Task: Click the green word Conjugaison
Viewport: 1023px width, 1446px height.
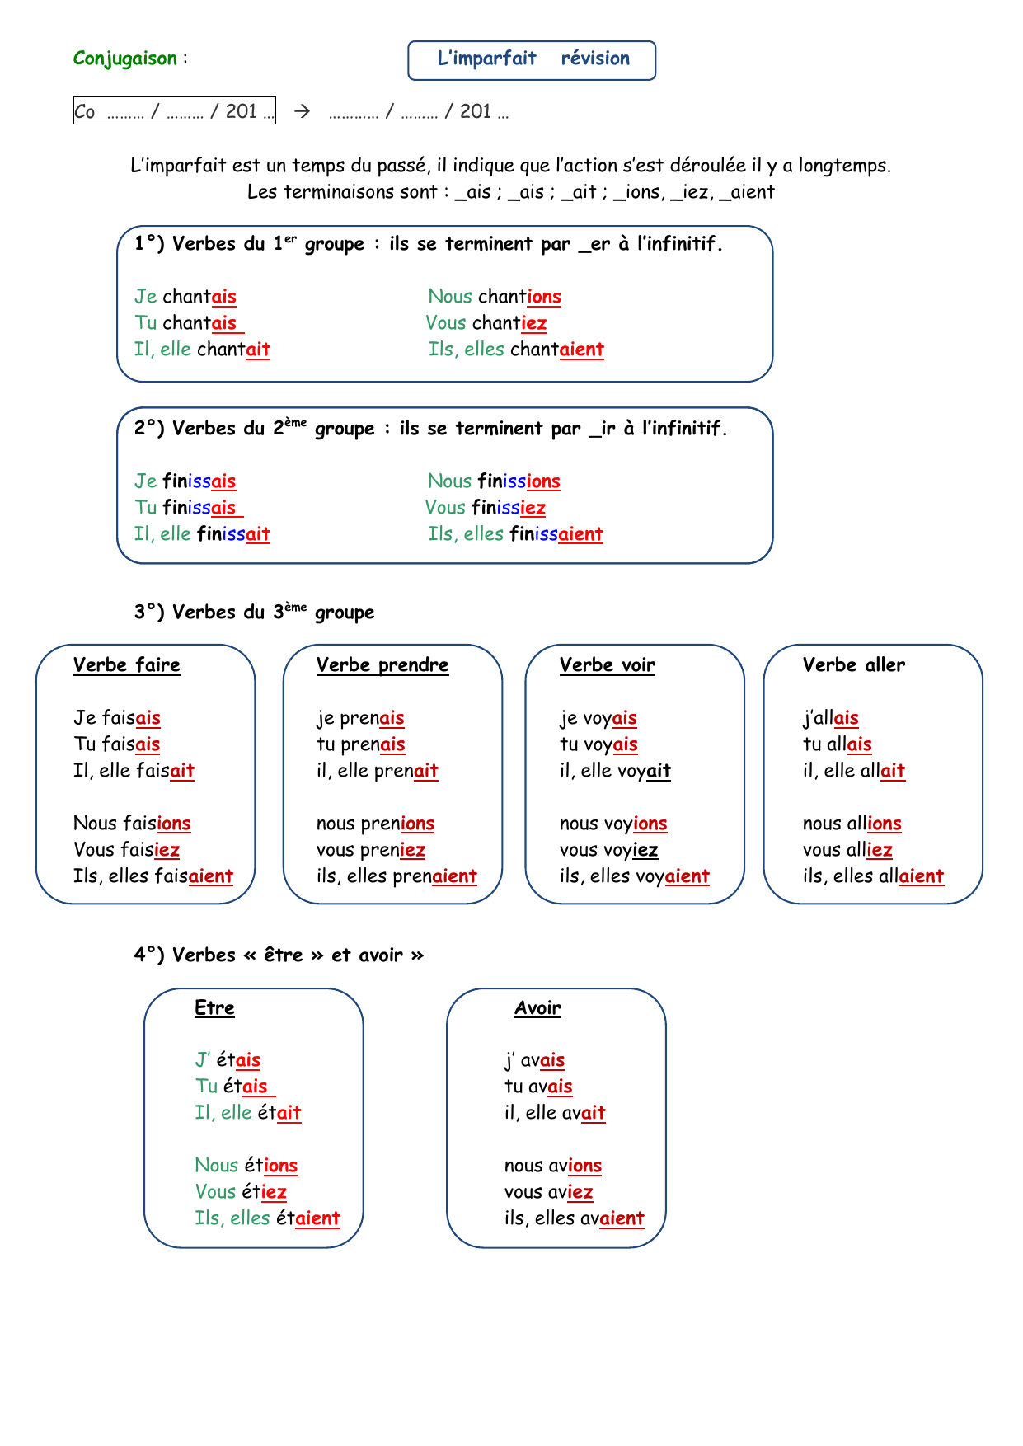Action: (x=125, y=59)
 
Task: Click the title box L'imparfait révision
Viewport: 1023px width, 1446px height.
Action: (x=532, y=60)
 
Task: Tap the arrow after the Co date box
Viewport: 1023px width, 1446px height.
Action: (x=303, y=110)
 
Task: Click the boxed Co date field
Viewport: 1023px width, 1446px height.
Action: (x=175, y=110)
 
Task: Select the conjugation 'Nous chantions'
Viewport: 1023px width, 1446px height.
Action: (x=495, y=297)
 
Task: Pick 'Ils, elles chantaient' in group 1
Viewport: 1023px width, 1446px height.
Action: (x=516, y=350)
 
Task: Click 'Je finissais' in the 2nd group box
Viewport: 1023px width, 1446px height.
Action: (x=185, y=481)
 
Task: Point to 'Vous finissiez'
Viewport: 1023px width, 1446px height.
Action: (x=486, y=508)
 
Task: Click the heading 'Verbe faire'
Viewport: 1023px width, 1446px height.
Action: (x=127, y=665)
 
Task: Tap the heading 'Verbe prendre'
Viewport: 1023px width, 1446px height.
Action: (x=382, y=665)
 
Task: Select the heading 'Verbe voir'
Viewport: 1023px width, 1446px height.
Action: (x=608, y=665)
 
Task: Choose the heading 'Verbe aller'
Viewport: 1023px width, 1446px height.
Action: (x=854, y=665)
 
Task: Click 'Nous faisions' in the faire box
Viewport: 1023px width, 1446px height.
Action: (x=132, y=824)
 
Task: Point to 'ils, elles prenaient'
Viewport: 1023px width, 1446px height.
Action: (x=397, y=876)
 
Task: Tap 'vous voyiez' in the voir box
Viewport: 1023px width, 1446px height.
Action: (x=609, y=850)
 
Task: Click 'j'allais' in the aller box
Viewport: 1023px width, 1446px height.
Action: (x=831, y=718)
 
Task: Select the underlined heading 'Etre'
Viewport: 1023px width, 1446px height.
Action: (x=214, y=1008)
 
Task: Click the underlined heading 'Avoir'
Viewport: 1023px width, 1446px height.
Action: (x=537, y=1008)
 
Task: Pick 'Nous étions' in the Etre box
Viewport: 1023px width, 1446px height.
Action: (x=246, y=1166)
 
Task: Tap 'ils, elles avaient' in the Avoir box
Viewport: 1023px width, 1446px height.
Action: (x=575, y=1218)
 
